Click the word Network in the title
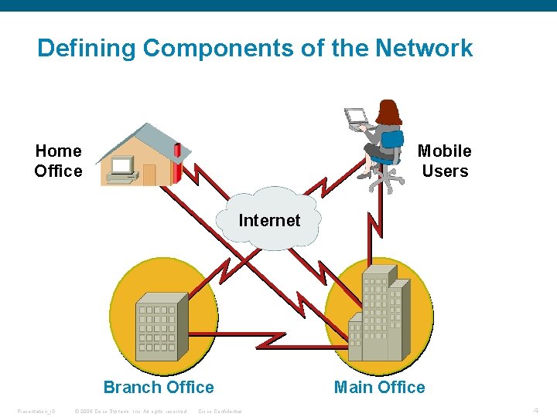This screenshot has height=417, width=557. [424, 49]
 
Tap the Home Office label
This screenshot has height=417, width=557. [58, 161]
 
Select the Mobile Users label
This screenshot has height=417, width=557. [445, 161]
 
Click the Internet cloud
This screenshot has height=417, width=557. [269, 220]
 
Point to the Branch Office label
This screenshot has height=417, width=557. [159, 387]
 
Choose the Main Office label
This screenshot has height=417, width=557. [379, 387]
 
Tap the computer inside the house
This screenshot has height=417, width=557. [122, 168]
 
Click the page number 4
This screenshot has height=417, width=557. [535, 410]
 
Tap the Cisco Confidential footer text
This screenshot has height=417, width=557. [220, 411]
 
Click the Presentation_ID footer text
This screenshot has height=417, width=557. [36, 411]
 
